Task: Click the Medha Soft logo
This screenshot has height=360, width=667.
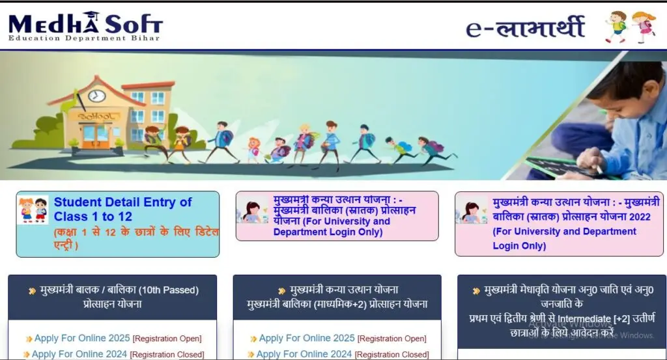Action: (85, 26)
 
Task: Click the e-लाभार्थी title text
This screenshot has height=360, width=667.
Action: (525, 27)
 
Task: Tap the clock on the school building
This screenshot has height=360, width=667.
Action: (96, 96)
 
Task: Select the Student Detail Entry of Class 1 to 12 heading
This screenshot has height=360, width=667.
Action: (122, 209)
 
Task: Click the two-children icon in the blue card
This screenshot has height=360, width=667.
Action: (33, 210)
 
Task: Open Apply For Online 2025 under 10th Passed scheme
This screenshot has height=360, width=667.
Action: (82, 338)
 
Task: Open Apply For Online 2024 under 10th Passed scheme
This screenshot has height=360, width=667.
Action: (79, 353)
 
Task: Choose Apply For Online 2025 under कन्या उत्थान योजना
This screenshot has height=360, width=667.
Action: (307, 338)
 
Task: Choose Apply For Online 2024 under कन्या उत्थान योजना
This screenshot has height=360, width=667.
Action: (304, 353)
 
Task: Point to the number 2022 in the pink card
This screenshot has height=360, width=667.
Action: (640, 217)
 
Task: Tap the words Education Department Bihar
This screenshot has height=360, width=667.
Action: (84, 38)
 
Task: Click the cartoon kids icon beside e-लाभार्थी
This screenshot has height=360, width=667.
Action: (631, 27)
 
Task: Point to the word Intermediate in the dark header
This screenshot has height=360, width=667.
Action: (584, 319)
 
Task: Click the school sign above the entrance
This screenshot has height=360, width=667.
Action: (96, 116)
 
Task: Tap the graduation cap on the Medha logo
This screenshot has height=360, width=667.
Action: (91, 16)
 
